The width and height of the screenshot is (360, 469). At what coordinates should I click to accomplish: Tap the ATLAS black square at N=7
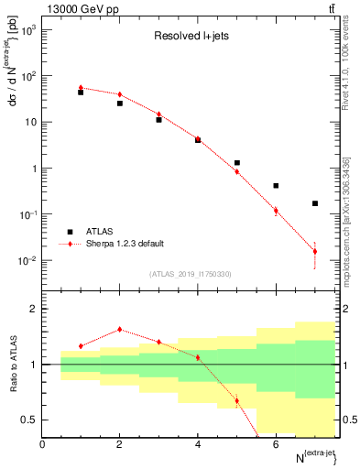pyautogui.click(x=315, y=203)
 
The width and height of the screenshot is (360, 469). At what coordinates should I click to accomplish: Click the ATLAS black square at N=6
pyautogui.click(x=276, y=185)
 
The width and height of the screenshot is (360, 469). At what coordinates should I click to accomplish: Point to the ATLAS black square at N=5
pyautogui.click(x=237, y=163)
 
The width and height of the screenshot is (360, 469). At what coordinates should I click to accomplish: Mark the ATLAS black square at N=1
pyautogui.click(x=82, y=93)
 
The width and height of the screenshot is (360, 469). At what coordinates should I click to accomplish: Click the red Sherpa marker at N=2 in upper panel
pyautogui.click(x=120, y=94)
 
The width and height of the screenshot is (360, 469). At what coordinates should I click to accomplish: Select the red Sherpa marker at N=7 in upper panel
pyautogui.click(x=315, y=251)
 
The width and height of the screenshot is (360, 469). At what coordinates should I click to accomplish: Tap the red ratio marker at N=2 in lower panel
pyautogui.click(x=120, y=330)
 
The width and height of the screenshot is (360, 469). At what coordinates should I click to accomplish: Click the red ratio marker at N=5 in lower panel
pyautogui.click(x=237, y=400)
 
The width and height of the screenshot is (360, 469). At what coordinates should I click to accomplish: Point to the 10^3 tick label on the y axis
pyautogui.click(x=29, y=30)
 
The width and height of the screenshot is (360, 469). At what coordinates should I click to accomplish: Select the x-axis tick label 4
pyautogui.click(x=198, y=444)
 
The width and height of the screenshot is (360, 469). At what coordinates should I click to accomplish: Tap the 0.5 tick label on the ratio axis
pyautogui.click(x=30, y=420)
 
